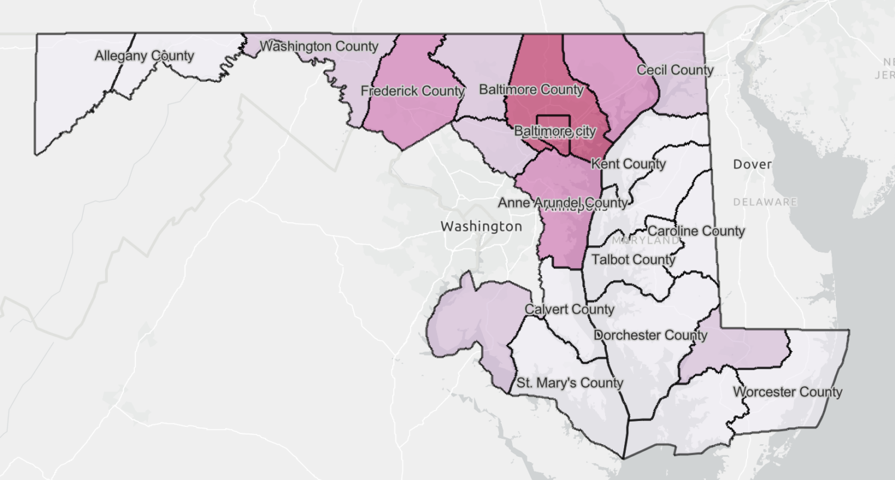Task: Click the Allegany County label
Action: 144,56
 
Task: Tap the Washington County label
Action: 319,46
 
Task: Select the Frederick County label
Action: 413,91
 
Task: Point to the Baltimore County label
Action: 532,90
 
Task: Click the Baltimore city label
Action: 555,131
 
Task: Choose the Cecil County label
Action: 675,70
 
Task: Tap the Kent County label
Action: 628,164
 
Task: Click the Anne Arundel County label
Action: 563,202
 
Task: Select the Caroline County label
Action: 696,230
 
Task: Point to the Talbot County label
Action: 634,259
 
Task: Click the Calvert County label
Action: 569,309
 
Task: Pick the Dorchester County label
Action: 651,335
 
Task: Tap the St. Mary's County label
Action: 570,383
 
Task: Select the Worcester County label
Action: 788,392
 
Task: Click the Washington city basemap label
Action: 481,227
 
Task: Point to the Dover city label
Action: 752,164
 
